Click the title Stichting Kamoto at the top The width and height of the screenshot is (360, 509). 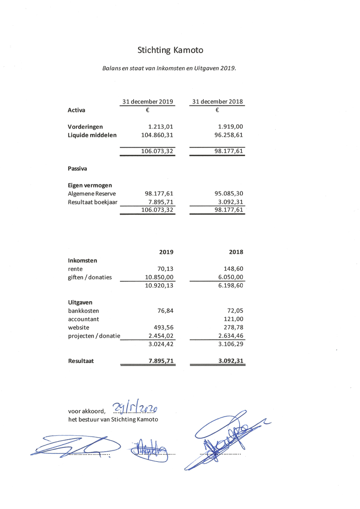(170, 50)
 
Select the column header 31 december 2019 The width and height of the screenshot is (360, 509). (148, 102)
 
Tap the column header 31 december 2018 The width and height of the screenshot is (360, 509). (217, 102)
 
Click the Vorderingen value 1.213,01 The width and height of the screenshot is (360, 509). (160, 127)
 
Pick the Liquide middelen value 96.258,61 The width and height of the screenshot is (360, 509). (229, 135)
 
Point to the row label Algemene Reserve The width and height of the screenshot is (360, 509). (91, 194)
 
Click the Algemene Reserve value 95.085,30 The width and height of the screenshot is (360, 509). (229, 193)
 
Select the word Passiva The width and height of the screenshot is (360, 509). (77, 169)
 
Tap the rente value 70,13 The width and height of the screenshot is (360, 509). (165, 269)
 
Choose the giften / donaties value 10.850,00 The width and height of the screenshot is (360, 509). (159, 277)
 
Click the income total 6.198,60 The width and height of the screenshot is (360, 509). (230, 286)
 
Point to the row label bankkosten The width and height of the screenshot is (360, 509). (83, 311)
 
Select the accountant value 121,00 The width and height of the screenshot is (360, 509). (233, 319)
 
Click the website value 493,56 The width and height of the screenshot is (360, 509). (163, 328)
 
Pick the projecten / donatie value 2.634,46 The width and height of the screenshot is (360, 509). (230, 336)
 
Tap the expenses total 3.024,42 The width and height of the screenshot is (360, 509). (161, 344)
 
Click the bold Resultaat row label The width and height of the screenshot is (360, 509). (81, 361)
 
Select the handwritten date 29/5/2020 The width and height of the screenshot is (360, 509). (135, 407)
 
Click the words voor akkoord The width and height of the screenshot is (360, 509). (86, 411)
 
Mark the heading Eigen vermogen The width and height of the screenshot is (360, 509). (90, 185)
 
